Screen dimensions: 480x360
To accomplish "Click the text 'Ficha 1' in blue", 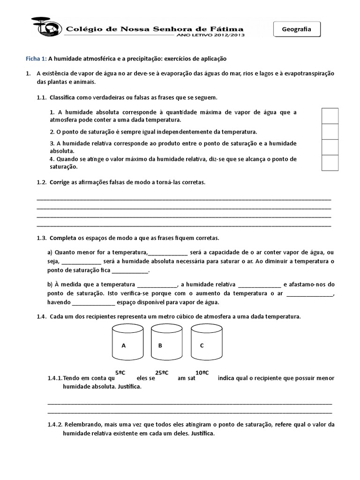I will (36, 59).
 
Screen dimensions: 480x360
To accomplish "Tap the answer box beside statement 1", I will (330, 115).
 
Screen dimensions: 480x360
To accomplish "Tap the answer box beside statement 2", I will (330, 131).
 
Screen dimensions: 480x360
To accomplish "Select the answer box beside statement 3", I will (330, 147).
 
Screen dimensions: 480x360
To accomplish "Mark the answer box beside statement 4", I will (330, 163).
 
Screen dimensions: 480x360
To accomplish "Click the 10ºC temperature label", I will (202, 372).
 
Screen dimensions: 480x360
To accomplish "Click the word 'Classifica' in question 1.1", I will (63, 97).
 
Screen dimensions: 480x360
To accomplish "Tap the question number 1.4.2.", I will (55, 425).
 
